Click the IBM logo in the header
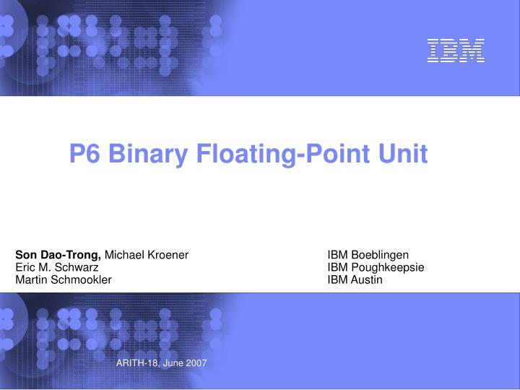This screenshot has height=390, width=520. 455,51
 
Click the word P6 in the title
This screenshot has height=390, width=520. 84,154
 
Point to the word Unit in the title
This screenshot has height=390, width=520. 405,154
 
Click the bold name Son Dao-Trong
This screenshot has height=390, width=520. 59,255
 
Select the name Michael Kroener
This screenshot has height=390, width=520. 147,255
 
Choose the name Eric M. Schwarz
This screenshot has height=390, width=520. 58,267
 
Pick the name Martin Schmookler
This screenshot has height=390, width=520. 64,279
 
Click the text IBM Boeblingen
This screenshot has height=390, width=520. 368,255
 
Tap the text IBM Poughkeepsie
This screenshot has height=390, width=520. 376,267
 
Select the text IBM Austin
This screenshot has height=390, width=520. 355,279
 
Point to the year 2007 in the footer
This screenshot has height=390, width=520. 196,363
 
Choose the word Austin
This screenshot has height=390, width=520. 367,279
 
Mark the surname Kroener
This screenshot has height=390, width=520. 170,255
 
